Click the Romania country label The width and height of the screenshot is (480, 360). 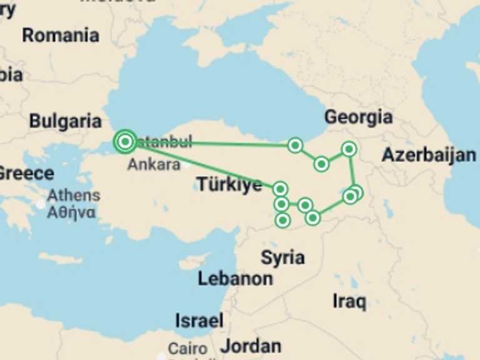pyautogui.click(x=61, y=35)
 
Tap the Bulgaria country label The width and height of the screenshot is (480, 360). pyautogui.click(x=65, y=121)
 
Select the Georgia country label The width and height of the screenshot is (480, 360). pyautogui.click(x=358, y=117)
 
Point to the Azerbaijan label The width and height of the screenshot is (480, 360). pyautogui.click(x=429, y=155)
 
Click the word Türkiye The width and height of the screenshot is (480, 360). pyautogui.click(x=229, y=184)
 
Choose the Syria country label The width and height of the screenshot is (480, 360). pyautogui.click(x=282, y=257)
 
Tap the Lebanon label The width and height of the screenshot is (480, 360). pyautogui.click(x=235, y=279)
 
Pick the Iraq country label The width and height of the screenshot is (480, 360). pyautogui.click(x=349, y=301)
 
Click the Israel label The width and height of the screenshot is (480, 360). pyautogui.click(x=199, y=321)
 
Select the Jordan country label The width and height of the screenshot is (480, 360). pyautogui.click(x=250, y=346)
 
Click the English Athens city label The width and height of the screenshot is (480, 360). pyautogui.click(x=73, y=196)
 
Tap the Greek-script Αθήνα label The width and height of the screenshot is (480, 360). pyautogui.click(x=72, y=212)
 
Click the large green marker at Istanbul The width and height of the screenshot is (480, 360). pyautogui.click(x=125, y=142)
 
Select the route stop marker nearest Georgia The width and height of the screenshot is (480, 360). pyautogui.click(x=349, y=149)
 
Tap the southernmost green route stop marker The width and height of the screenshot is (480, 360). pyautogui.click(x=283, y=220)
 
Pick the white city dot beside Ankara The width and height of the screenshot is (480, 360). pyautogui.click(x=186, y=165)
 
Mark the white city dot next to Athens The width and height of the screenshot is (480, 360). pyautogui.click(x=41, y=204)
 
